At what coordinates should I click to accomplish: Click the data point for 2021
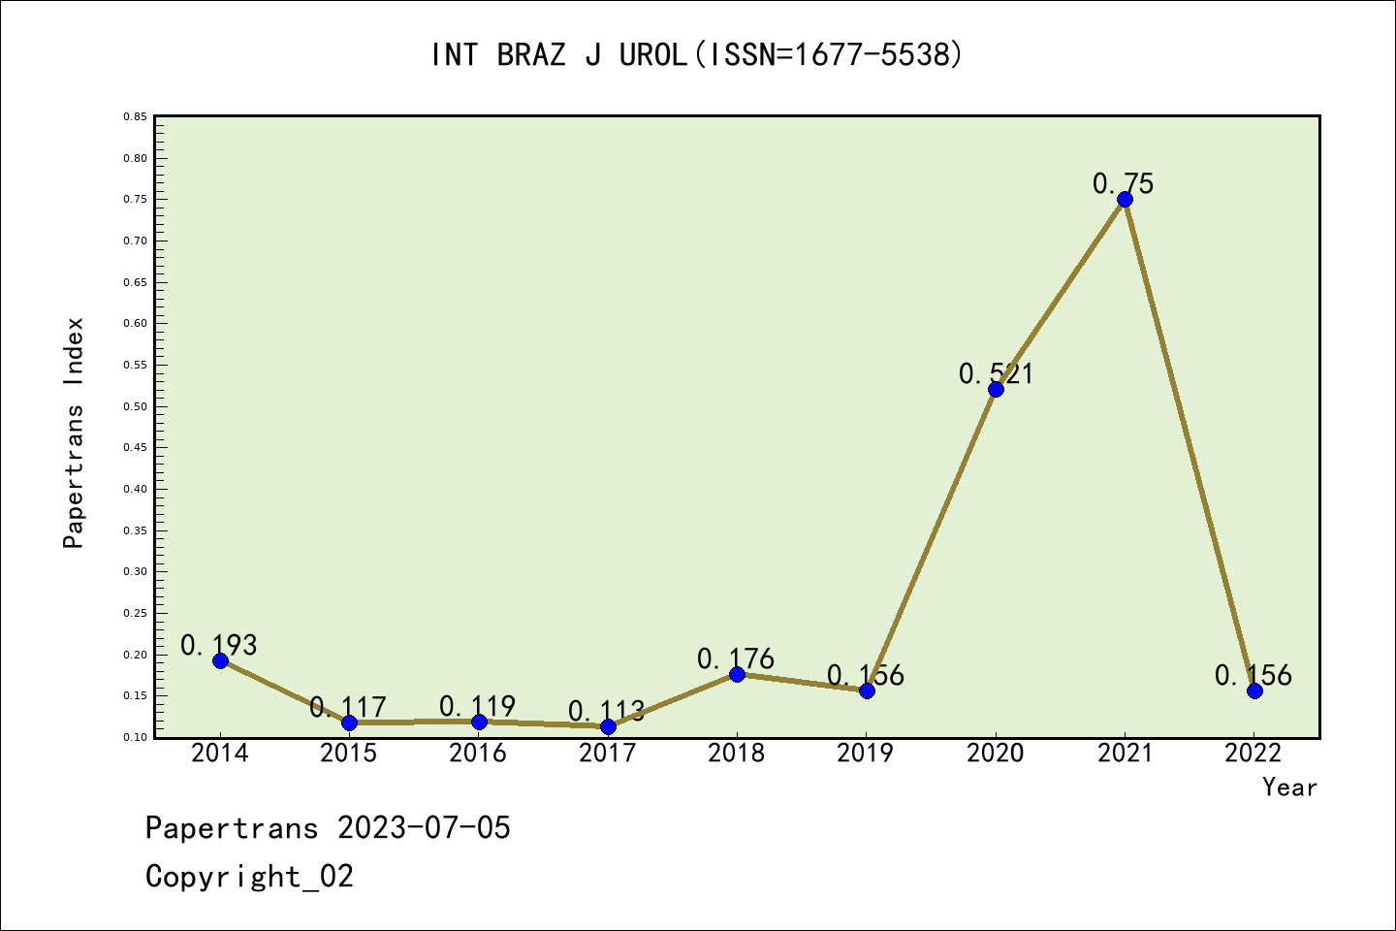coord(1125,200)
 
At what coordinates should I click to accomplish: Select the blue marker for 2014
coord(220,660)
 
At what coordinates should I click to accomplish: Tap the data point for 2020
coord(996,389)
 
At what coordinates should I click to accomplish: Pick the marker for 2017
coord(608,726)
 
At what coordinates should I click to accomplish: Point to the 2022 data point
coord(1254,690)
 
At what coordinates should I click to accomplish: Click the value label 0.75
coord(1124,183)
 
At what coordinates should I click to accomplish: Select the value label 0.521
coord(996,373)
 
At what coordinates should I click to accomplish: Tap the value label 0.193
coord(219,645)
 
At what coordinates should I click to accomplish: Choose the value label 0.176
coord(736,659)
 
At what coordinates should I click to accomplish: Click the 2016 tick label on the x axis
coord(478,754)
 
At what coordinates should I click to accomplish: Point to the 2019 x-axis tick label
coord(866,754)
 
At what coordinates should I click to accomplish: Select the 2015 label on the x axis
coord(349,754)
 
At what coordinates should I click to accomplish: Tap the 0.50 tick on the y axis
coord(135,406)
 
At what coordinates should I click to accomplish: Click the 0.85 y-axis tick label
coord(135,116)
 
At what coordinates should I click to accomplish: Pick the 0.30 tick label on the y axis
coord(135,572)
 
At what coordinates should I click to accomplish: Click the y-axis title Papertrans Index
coord(74,433)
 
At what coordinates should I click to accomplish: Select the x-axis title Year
coord(1289,787)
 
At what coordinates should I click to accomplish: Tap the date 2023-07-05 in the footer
coord(424,828)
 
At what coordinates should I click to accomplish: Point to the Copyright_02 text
coord(249,877)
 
